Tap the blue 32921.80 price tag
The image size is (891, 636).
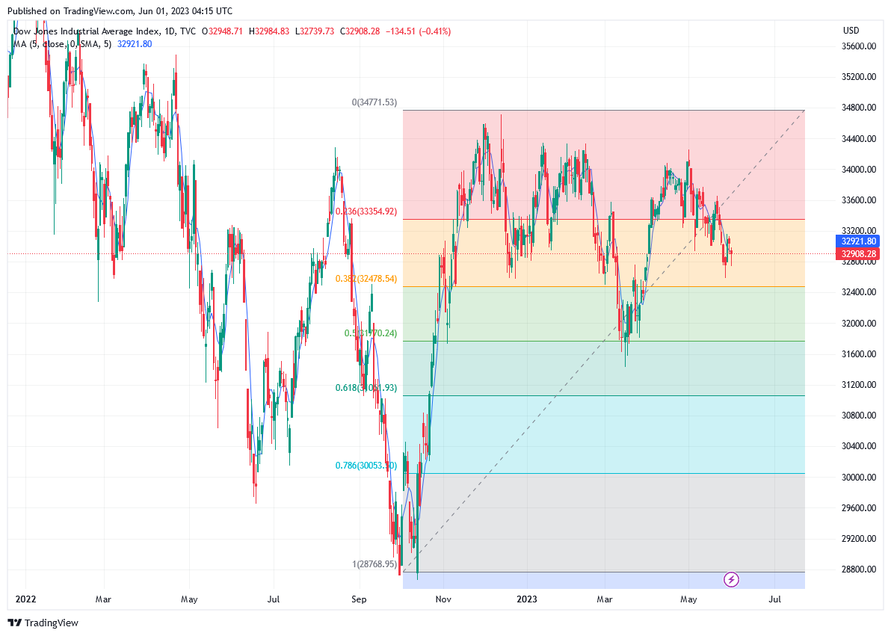(x=859, y=241)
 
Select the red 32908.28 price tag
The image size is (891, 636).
(x=859, y=254)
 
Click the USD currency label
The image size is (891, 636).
(x=851, y=31)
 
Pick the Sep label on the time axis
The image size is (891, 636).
(x=359, y=599)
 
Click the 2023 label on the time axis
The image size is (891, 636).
(x=527, y=599)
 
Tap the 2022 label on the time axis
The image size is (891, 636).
(x=25, y=599)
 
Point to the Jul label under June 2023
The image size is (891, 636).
(x=775, y=599)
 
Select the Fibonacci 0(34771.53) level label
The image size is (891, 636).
(x=375, y=102)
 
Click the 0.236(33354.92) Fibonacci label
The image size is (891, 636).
(x=366, y=212)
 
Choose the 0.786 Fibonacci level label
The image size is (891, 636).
(x=365, y=465)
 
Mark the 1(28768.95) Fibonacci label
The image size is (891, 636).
(x=374, y=564)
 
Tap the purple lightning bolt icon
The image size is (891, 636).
(x=732, y=579)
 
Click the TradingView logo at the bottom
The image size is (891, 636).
(x=43, y=623)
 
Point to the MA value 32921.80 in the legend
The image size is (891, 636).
(x=135, y=44)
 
